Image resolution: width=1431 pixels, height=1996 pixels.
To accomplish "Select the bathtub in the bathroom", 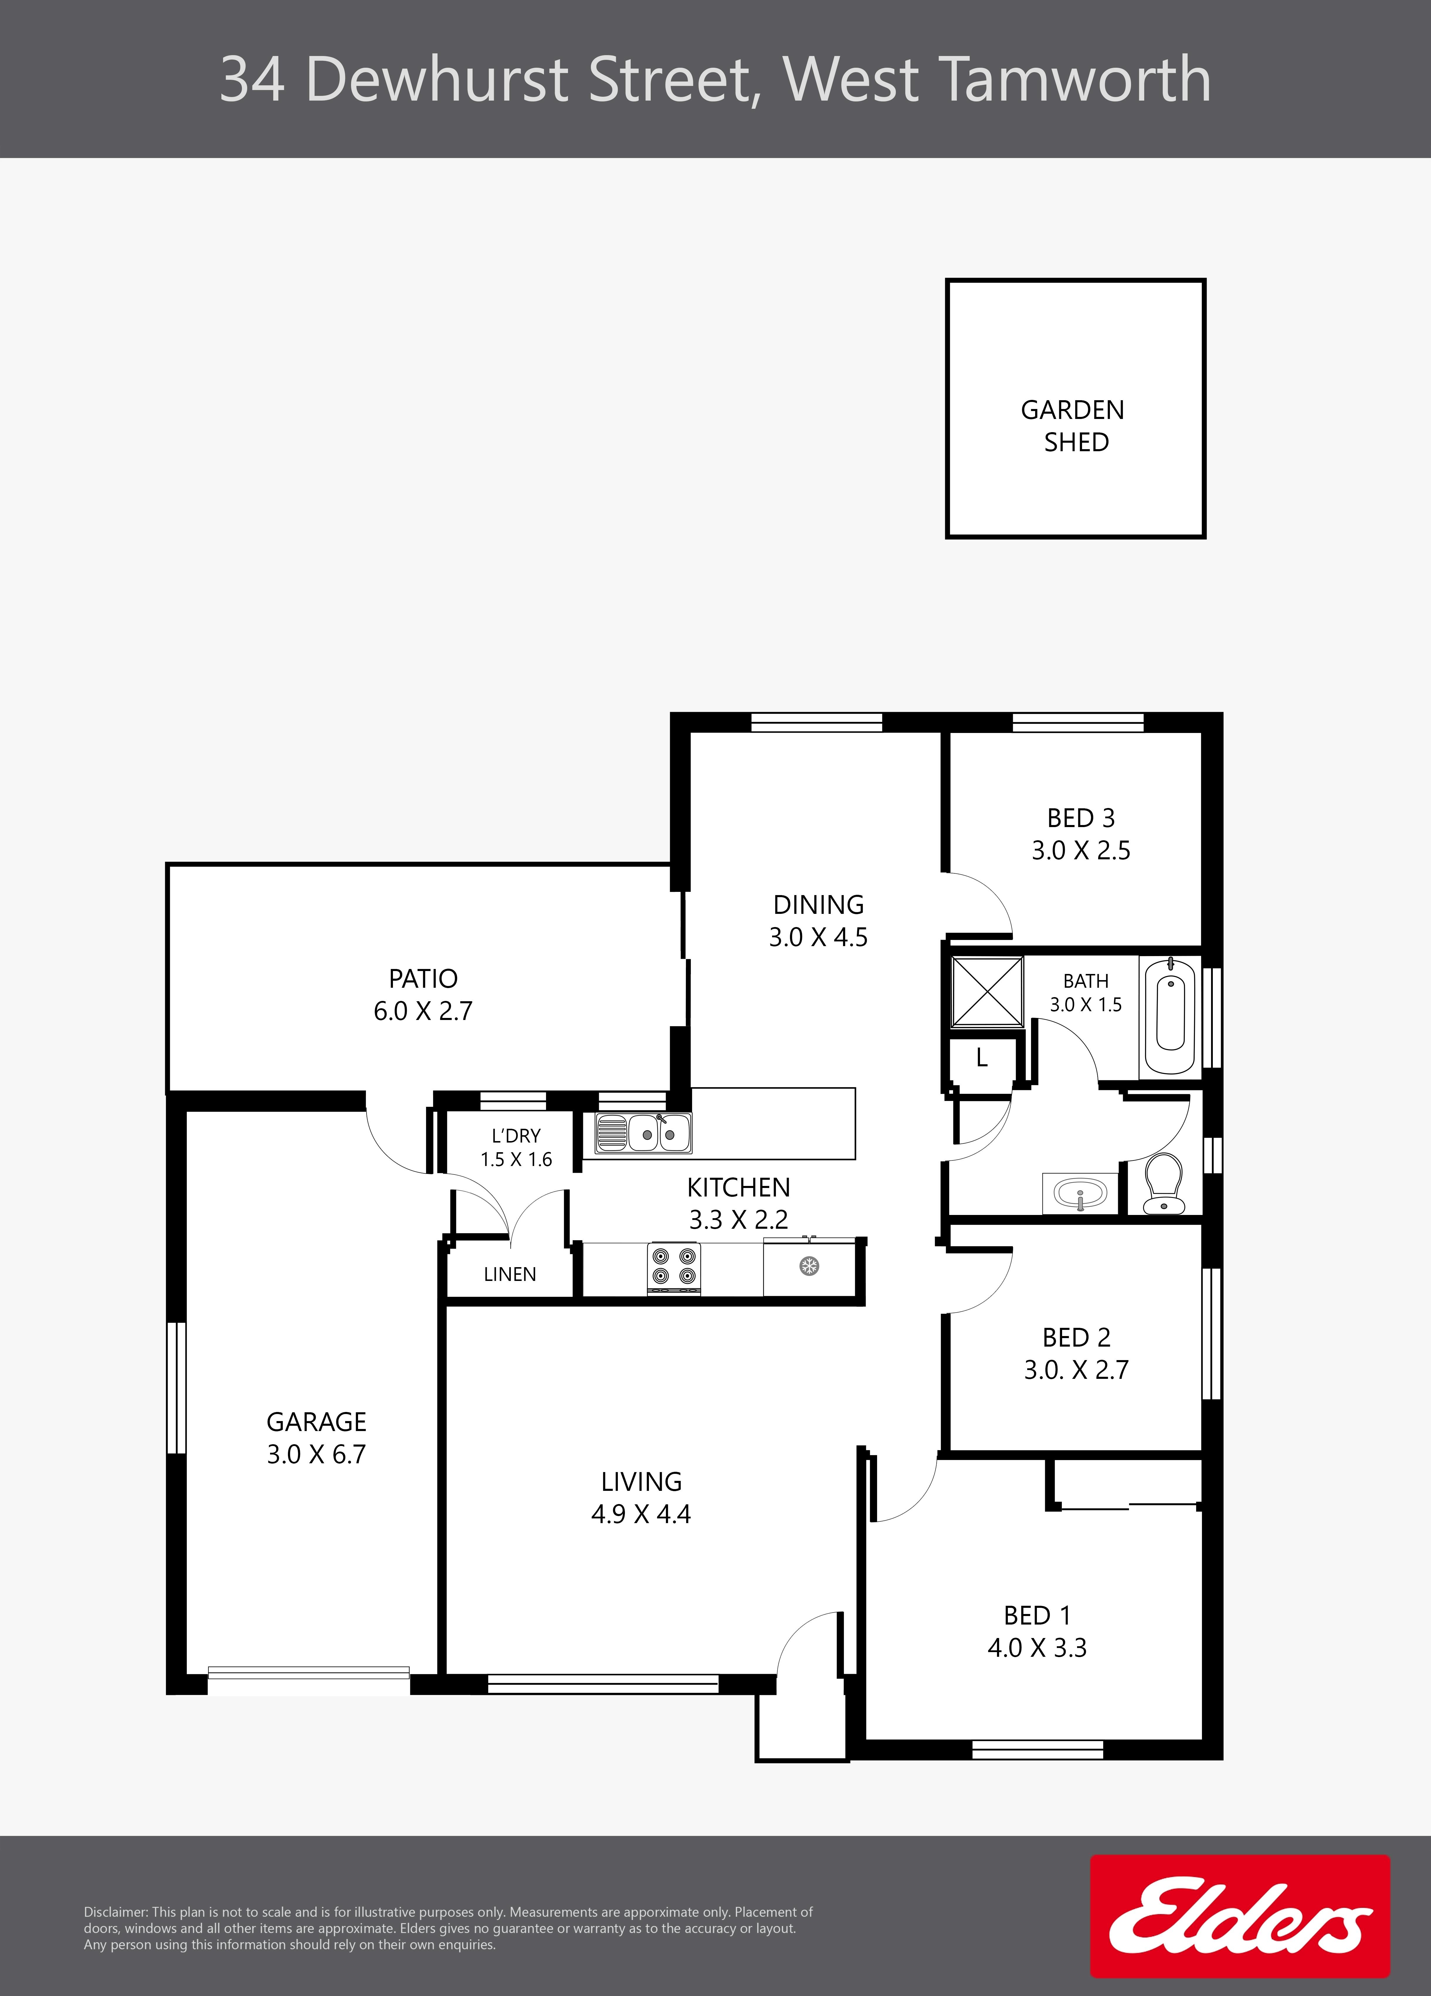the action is click(1170, 1016).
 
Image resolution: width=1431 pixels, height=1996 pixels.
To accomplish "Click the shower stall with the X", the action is click(987, 992).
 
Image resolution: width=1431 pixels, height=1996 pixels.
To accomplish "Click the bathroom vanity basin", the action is click(1080, 1192).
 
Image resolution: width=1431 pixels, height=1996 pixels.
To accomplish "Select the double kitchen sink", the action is click(643, 1133).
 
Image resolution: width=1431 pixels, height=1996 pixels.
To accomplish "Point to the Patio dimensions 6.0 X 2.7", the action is click(423, 1011).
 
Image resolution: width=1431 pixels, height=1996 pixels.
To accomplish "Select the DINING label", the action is click(818, 905).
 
